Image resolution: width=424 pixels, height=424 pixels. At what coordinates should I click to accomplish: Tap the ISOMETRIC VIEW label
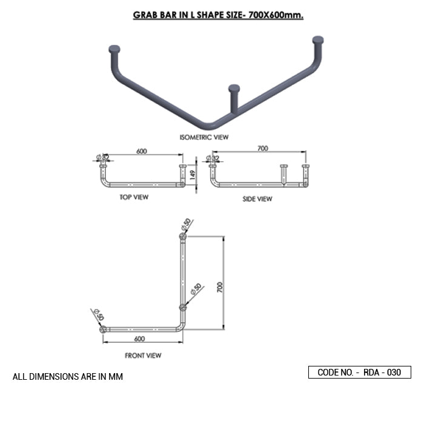pyautogui.click(x=205, y=137)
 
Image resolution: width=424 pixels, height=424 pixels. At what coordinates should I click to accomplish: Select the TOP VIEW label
pyautogui.click(x=134, y=197)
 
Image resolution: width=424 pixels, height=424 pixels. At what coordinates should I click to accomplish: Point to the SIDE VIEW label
pyautogui.click(x=257, y=199)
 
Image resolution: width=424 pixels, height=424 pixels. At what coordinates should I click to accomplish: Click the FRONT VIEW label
pyautogui.click(x=143, y=356)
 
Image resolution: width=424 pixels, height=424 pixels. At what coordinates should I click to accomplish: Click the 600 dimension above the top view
pyautogui.click(x=142, y=151)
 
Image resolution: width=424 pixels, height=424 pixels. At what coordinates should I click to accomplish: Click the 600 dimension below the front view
pyautogui.click(x=139, y=339)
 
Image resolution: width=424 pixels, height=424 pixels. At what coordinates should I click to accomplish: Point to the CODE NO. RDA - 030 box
pyautogui.click(x=359, y=373)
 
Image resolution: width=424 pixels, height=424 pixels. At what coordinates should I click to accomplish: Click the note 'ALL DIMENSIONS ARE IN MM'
pyautogui.click(x=68, y=377)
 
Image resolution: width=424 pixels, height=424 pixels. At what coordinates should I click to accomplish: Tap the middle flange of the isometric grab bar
pyautogui.click(x=234, y=89)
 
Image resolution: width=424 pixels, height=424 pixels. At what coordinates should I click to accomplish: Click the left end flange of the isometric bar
pyautogui.click(x=114, y=48)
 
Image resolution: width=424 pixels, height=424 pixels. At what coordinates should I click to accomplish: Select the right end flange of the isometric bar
pyautogui.click(x=318, y=40)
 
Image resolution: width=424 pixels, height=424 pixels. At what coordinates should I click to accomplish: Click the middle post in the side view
pyautogui.click(x=282, y=174)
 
